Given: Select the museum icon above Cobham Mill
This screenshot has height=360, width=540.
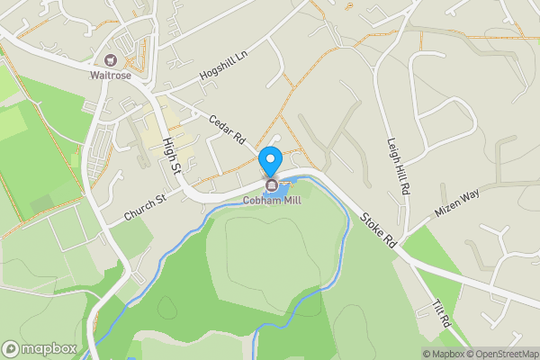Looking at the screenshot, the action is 270,185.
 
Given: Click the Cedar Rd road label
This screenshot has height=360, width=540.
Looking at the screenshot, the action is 226,130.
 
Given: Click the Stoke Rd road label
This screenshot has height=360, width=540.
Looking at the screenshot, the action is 378,229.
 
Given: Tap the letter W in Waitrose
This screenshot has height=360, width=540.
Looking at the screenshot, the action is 93,76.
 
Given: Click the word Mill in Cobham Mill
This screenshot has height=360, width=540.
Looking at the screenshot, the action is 290,200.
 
